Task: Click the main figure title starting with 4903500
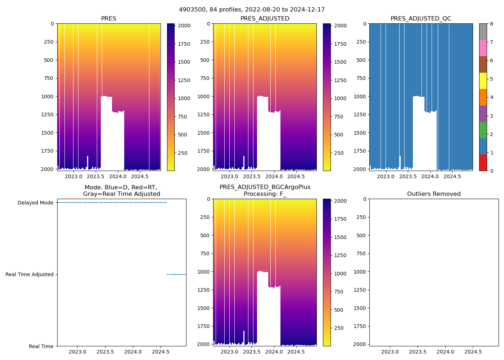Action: pos(252,10)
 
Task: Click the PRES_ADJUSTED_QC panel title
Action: pos(421,19)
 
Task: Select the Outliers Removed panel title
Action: pos(434,194)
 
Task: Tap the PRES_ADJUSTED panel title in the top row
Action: pos(265,19)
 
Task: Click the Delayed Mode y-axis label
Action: pos(35,203)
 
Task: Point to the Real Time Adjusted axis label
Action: pos(30,274)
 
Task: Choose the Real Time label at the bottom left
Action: pos(41,346)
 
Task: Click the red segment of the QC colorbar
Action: pos(483,162)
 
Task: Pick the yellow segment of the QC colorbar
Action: pos(483,81)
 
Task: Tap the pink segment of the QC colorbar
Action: pos(483,48)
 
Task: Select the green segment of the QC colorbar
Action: pos(483,130)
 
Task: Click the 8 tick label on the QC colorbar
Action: pos(491,24)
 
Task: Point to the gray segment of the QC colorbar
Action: pos(483,32)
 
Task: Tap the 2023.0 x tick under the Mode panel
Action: pos(77,351)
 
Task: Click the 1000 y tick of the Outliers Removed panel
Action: pos(360,271)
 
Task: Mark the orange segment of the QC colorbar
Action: pos(483,97)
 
